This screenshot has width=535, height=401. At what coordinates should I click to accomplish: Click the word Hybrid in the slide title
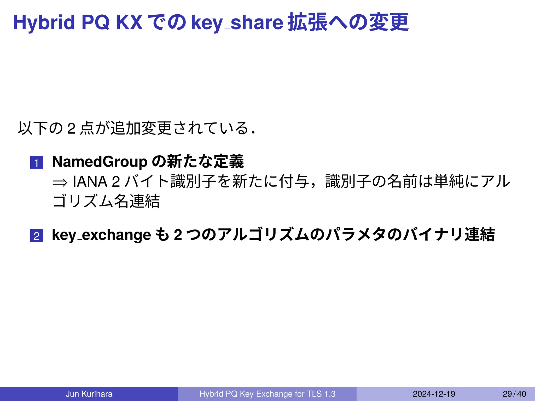pos(44,22)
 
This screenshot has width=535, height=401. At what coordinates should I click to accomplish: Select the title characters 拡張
pos(307,22)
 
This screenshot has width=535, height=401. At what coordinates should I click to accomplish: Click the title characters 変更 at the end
pos(389,22)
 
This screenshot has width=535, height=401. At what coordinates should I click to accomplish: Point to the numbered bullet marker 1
pos(37,163)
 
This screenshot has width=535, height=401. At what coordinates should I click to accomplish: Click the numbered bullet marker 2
pos(37,236)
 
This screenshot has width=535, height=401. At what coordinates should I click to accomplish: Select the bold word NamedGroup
pos(100,162)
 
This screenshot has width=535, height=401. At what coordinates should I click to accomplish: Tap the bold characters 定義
pos(229,162)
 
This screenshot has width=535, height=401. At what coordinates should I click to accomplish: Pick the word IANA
pos(90,182)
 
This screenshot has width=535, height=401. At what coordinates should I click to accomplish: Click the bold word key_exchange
pos(101,235)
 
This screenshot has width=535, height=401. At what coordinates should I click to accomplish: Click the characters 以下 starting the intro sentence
pos(33,128)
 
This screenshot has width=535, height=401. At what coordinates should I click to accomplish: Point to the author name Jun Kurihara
pos(89,394)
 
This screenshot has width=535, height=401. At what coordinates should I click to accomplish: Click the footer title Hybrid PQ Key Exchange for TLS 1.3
pos(267,394)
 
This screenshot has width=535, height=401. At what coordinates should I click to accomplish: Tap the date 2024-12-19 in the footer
pos(434,394)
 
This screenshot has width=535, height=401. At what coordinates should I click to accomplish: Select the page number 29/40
pos(514,394)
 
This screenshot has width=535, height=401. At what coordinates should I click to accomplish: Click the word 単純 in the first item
pos(449,182)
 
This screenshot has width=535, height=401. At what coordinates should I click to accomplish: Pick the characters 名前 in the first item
pos(402,182)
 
